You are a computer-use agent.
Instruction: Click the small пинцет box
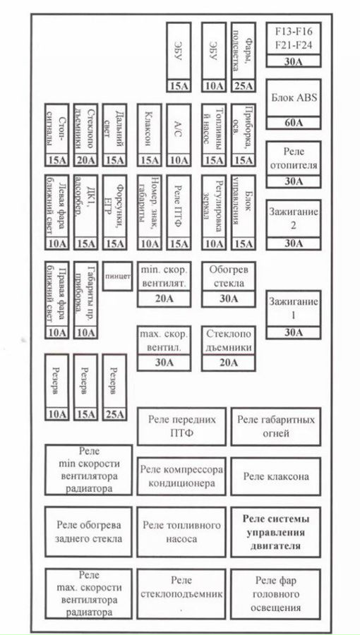(117, 276)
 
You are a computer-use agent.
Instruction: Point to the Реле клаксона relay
(275, 476)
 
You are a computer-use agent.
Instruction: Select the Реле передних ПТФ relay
(182, 425)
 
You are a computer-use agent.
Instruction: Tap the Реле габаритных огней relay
(275, 425)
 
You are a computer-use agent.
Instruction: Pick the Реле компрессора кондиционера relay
(182, 476)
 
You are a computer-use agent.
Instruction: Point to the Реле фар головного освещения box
(275, 593)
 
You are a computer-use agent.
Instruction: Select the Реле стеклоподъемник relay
(182, 593)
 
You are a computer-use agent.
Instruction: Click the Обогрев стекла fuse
(228, 277)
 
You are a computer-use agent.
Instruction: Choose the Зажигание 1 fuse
(293, 307)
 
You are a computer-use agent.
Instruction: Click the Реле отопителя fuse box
(293, 158)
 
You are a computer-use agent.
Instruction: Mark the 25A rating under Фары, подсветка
(244, 87)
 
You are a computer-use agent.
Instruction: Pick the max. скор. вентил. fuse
(164, 343)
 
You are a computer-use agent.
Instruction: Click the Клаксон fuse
(149, 131)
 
